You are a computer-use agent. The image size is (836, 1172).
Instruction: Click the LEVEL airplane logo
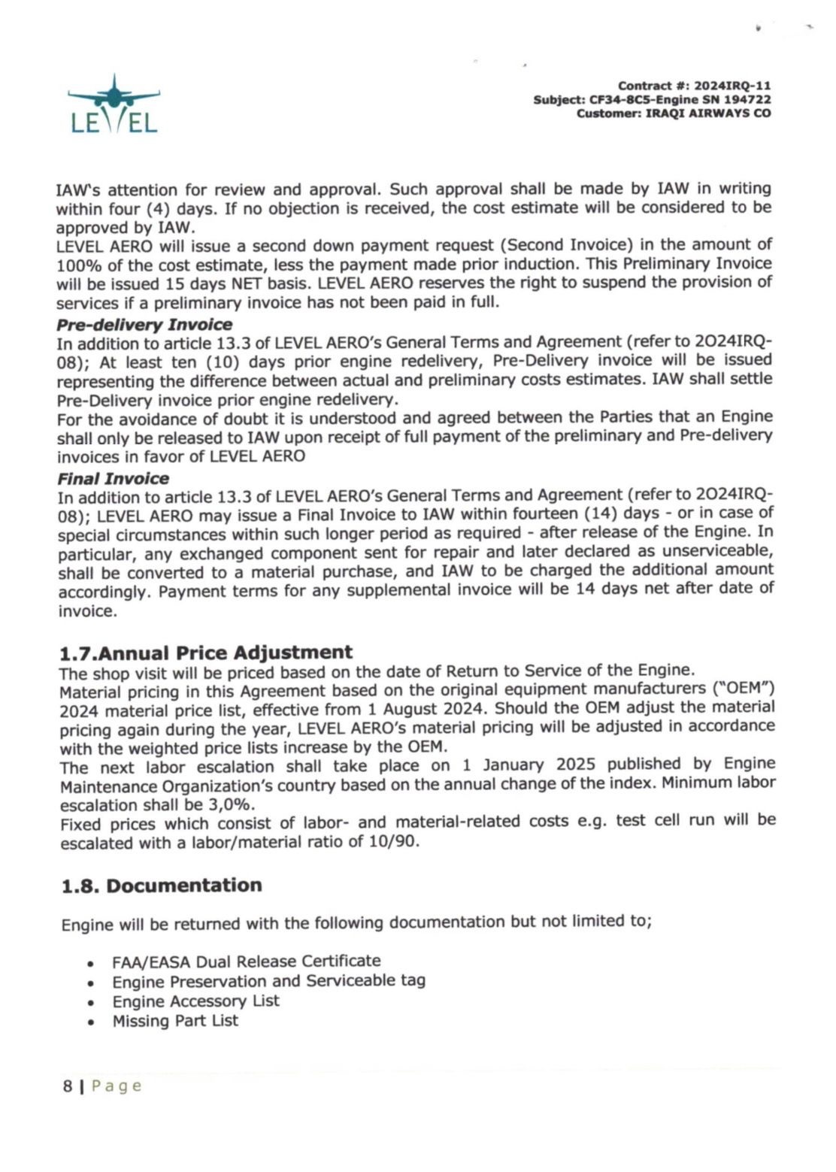[114, 105]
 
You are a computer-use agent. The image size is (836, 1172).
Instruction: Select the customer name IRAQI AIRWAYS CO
[708, 114]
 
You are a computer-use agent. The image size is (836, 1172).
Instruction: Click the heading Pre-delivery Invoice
[144, 325]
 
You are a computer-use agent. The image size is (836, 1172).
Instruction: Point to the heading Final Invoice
[113, 479]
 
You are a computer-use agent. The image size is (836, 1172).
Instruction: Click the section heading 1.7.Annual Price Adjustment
[206, 653]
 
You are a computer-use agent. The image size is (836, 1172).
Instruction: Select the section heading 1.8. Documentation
[162, 886]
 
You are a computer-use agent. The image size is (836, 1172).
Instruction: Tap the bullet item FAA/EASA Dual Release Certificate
[246, 962]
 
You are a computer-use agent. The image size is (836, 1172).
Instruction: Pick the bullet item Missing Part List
[175, 1021]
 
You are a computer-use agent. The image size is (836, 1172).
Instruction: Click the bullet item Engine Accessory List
[195, 1001]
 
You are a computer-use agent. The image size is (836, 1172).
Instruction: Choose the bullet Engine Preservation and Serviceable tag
[268, 981]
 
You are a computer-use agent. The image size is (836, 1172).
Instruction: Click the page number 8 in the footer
[68, 1086]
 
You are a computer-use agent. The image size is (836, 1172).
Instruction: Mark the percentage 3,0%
[228, 803]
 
